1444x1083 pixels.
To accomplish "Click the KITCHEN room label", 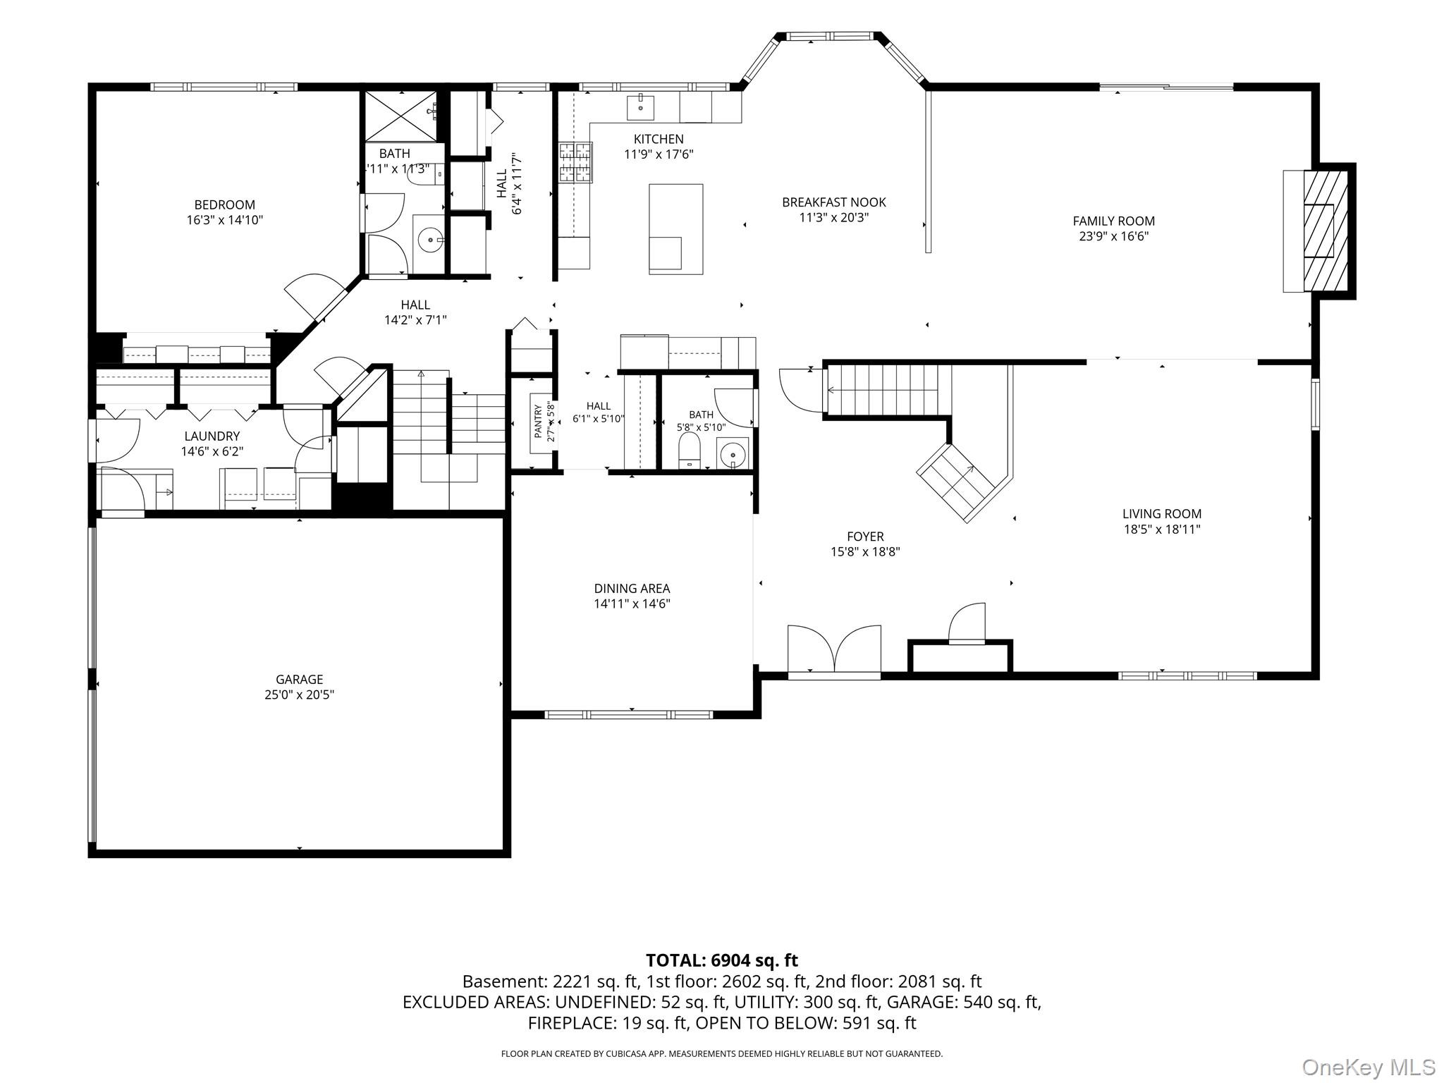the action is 659,139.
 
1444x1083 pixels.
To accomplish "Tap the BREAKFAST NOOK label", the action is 833,202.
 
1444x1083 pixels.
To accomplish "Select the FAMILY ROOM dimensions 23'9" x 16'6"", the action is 1113,236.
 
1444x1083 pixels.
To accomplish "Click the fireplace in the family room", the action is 1318,231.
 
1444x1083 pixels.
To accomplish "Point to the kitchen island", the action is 675,228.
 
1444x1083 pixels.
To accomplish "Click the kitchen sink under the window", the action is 640,108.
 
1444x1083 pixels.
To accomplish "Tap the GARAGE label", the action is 299,679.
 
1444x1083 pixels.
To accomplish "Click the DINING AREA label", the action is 632,588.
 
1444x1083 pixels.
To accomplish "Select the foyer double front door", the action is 834,651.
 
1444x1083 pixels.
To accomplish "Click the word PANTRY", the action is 538,421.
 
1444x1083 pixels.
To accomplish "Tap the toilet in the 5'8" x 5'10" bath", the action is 688,450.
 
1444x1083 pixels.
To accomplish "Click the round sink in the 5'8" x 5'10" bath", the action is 733,453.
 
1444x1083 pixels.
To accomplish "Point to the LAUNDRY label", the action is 212,436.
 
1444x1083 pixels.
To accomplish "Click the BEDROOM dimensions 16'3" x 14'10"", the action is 224,220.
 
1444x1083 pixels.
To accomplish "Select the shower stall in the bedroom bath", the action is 398,115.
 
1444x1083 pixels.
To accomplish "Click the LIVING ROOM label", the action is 1161,514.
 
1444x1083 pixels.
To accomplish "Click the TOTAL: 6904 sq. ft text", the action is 721,960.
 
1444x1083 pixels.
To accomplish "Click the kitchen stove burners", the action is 576,162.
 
